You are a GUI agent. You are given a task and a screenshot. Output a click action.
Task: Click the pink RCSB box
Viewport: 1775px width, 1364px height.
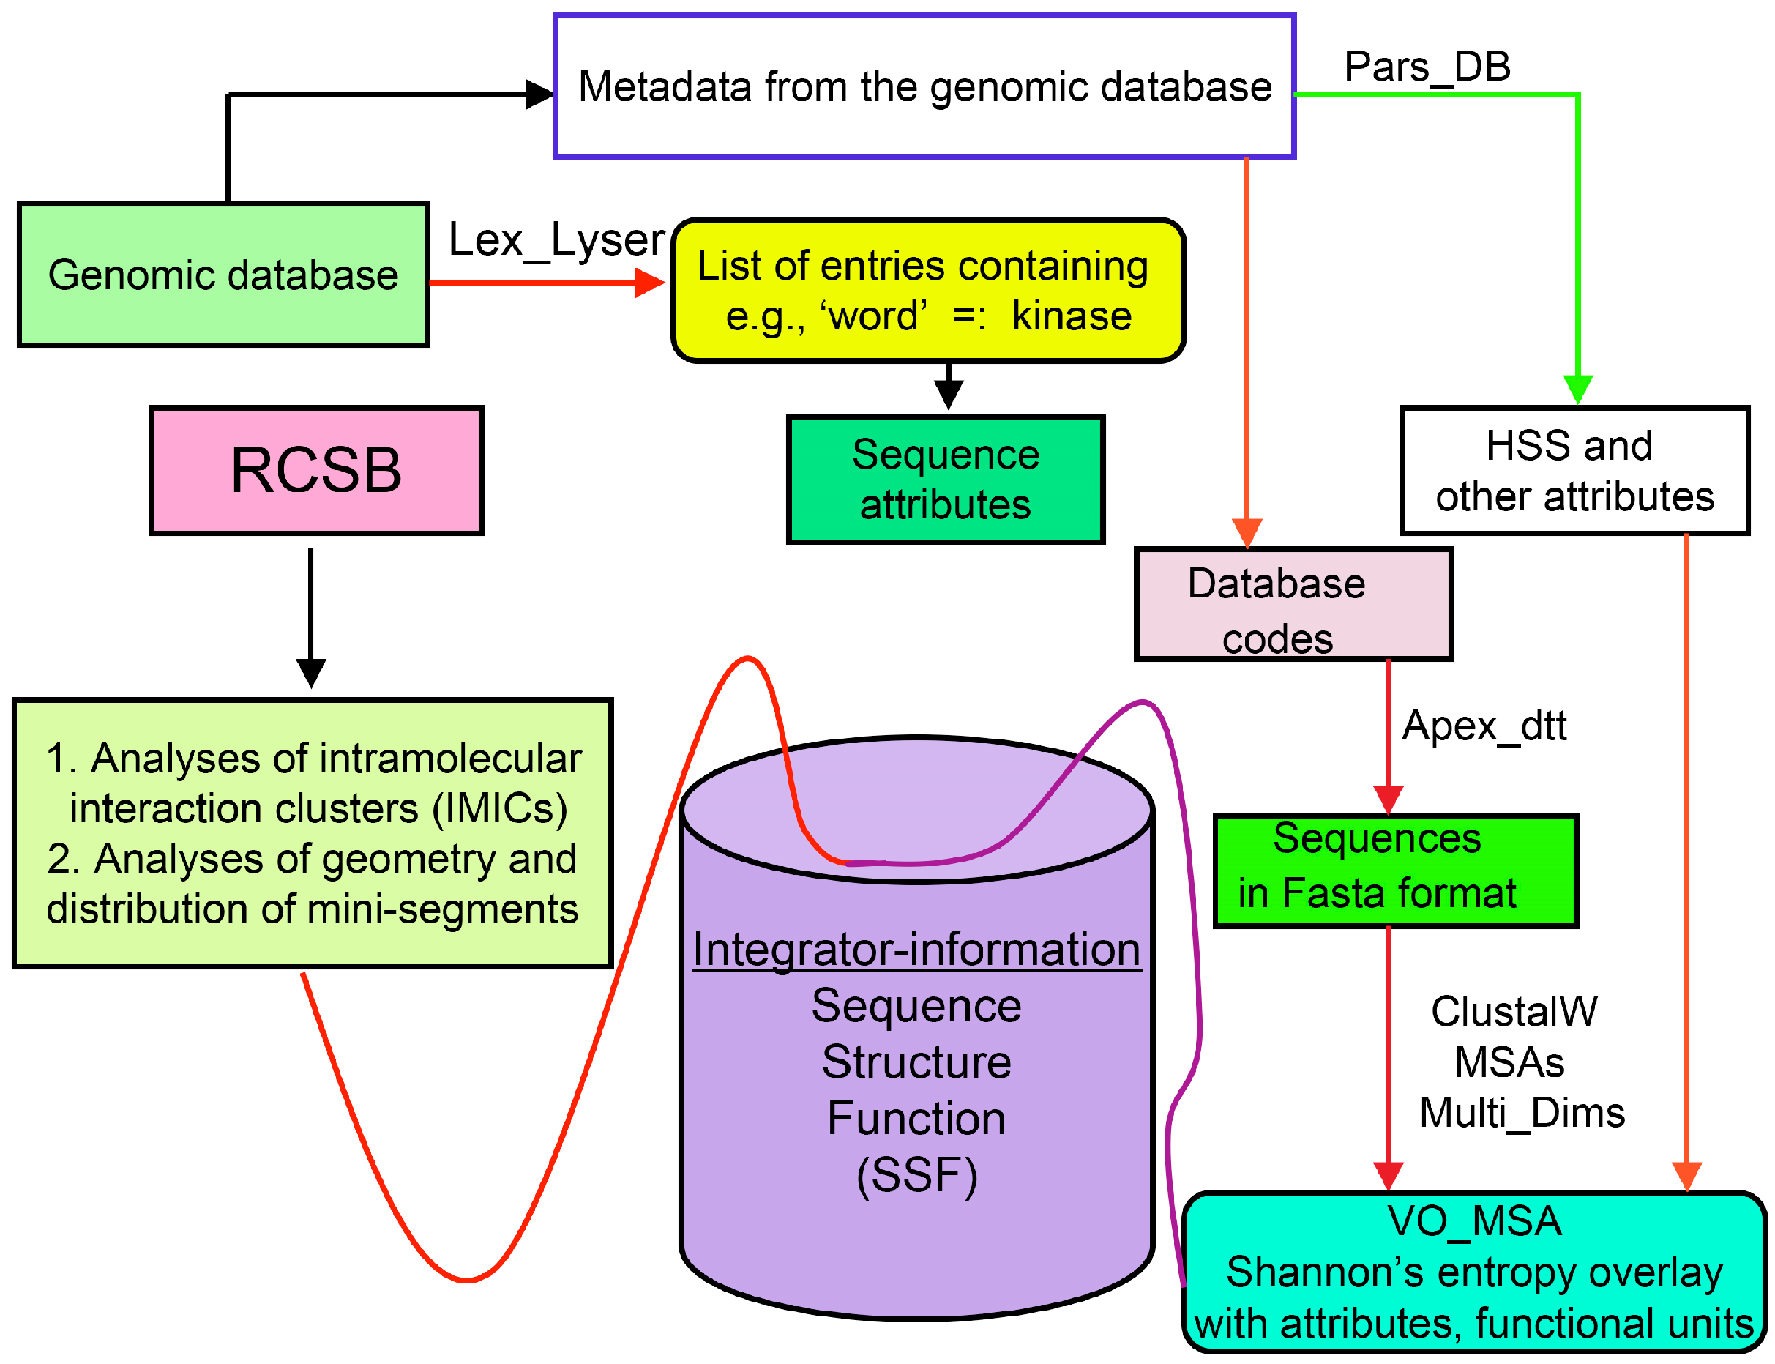pos(316,470)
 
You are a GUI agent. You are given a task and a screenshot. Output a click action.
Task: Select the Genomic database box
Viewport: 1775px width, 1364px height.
pos(223,275)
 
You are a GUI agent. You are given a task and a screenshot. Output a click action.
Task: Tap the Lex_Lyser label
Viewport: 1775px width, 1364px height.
pos(556,239)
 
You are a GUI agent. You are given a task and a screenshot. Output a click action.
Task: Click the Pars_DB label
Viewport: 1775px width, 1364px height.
pos(1427,67)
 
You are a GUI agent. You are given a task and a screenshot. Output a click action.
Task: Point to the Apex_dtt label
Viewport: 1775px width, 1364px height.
pos(1484,725)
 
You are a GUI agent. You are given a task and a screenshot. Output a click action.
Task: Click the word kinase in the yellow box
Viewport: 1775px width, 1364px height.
pos(1072,316)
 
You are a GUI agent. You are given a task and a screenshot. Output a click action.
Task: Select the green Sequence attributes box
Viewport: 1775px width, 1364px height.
pos(946,479)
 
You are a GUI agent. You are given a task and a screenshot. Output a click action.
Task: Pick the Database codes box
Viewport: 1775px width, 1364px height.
pos(1293,604)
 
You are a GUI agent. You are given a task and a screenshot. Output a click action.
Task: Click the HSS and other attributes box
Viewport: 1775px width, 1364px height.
pos(1574,470)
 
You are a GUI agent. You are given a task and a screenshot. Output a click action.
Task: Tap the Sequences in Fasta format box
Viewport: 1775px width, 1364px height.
pos(1395,871)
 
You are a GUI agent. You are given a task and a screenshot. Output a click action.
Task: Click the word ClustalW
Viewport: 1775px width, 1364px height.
pos(1514,1012)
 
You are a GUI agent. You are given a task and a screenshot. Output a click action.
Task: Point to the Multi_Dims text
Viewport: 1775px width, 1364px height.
pos(1522,1112)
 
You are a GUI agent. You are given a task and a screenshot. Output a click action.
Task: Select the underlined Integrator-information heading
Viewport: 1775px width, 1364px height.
pos(916,949)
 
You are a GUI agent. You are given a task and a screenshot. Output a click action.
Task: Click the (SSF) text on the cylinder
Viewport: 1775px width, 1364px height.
pos(917,1175)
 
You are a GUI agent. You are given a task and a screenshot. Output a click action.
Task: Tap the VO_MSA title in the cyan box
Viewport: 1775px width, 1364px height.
pos(1474,1221)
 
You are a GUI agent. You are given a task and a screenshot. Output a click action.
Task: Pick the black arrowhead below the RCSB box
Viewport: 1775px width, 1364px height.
pos(311,671)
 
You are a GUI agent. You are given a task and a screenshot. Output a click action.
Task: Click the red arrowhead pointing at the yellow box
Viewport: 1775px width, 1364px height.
pos(649,283)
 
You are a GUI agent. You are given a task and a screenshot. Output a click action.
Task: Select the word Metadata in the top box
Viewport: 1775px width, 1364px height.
pos(665,87)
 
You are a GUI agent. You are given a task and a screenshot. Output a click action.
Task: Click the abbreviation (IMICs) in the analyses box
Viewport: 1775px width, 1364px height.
pos(500,808)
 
